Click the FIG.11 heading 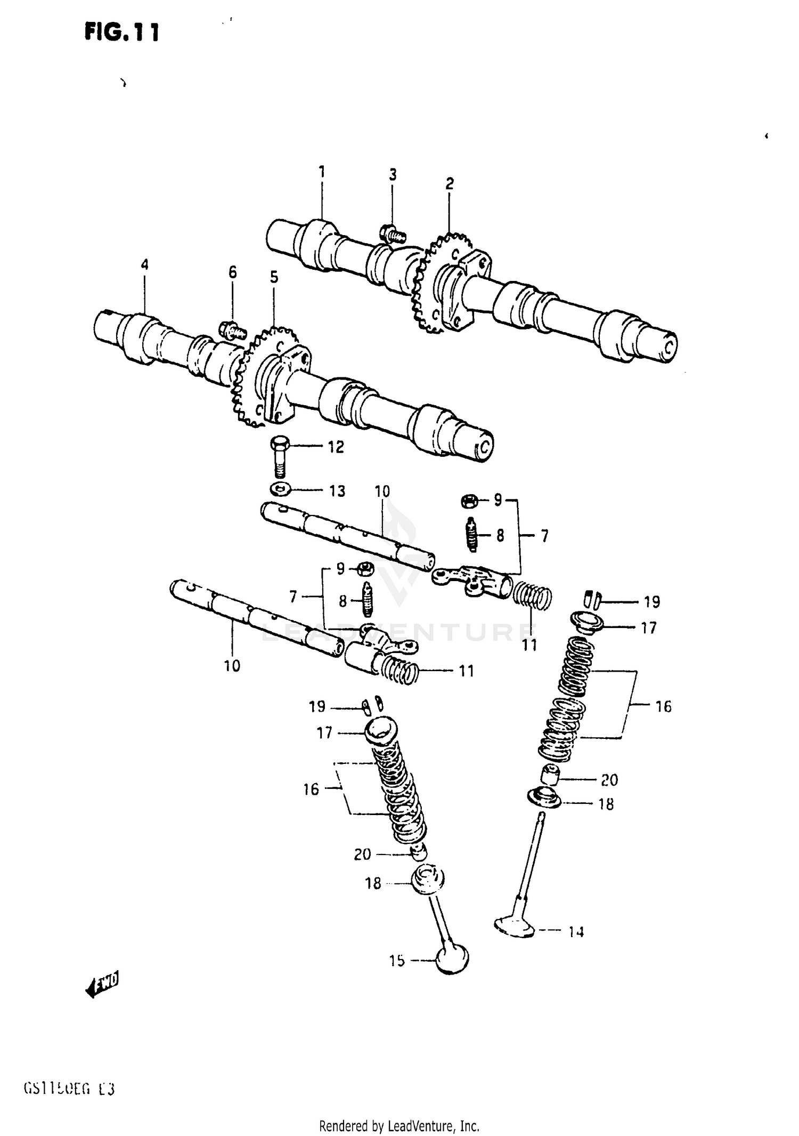[x=121, y=33]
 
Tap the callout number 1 [x=322, y=172]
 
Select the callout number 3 [x=393, y=175]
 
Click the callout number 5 [x=274, y=277]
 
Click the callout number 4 [x=145, y=265]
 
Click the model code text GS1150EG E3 [x=69, y=1089]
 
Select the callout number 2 [x=450, y=184]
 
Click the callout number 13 [x=337, y=490]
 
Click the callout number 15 [x=397, y=961]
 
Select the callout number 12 [x=336, y=447]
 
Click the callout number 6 [x=233, y=272]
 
